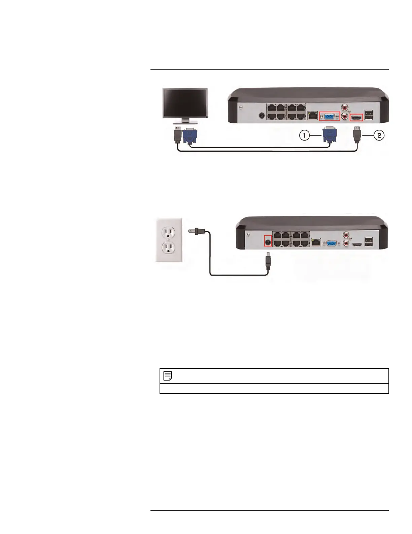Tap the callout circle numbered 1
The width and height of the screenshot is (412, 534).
point(305,136)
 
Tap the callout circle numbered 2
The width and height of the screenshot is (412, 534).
point(379,136)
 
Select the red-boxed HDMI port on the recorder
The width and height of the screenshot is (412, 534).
point(356,118)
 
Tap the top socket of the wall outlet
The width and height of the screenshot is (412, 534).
point(168,232)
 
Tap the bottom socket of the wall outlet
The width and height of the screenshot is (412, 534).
point(168,248)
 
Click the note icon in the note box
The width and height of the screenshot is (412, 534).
point(167,376)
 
